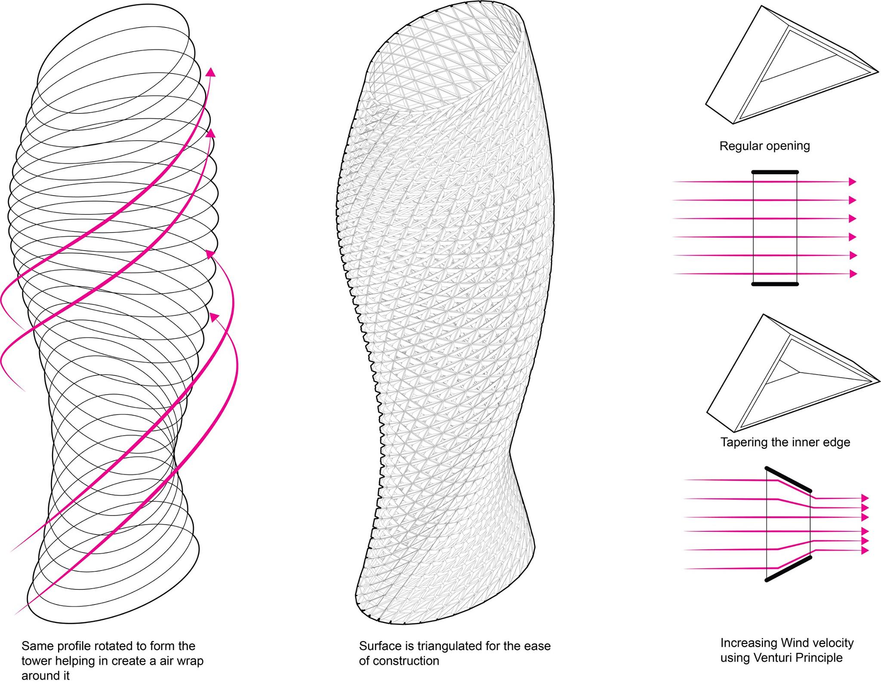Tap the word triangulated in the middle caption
449,646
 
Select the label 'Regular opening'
764,146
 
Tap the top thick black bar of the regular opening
775,172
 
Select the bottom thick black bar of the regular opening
775,284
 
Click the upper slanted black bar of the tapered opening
788,479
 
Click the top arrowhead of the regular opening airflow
852,182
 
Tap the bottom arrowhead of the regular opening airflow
852,274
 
